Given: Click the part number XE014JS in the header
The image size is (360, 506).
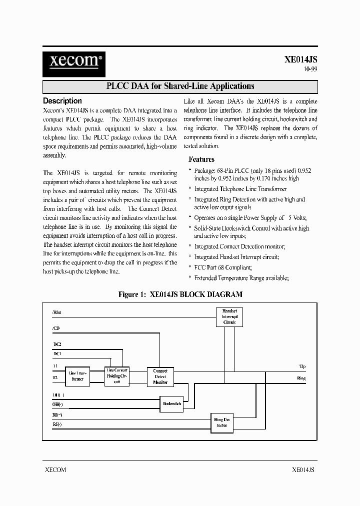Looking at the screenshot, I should click(x=300, y=59).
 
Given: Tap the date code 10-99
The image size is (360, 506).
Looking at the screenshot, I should click(x=310, y=70).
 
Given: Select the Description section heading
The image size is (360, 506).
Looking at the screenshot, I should click(x=62, y=100).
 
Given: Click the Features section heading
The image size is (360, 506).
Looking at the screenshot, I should click(x=201, y=159).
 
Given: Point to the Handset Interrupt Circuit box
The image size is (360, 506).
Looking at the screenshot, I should click(x=229, y=316).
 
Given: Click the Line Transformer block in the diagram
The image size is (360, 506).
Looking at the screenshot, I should click(x=79, y=376).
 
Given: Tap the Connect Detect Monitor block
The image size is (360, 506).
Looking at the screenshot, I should click(x=160, y=376).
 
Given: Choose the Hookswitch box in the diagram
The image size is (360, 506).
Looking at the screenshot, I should click(x=171, y=403).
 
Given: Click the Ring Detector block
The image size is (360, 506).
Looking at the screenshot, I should click(x=221, y=422).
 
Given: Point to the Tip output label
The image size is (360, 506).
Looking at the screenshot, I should click(x=302, y=366).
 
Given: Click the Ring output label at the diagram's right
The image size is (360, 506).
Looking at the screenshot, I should click(x=301, y=378).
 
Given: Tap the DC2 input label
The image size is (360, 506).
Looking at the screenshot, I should click(x=57, y=344).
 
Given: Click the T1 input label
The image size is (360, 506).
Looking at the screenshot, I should click(x=55, y=366).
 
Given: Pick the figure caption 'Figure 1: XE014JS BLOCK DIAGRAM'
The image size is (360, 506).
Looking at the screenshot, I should click(x=180, y=294).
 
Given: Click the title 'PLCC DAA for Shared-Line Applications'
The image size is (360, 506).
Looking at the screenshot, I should click(x=180, y=86).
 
